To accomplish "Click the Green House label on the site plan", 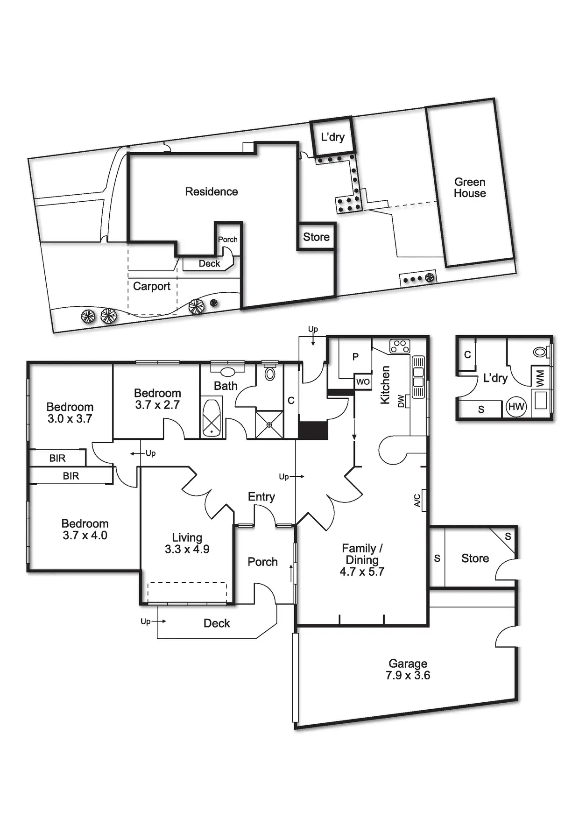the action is pyautogui.click(x=470, y=188).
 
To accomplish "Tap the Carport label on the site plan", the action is pyautogui.click(x=152, y=286).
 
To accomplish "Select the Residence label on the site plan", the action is pyautogui.click(x=211, y=191).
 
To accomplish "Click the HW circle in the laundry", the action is pyautogui.click(x=516, y=407).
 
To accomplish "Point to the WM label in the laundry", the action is pyautogui.click(x=540, y=378).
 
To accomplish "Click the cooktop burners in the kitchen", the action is pyautogui.click(x=400, y=346).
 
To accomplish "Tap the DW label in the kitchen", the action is pyautogui.click(x=401, y=401).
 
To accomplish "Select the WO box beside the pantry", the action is pyautogui.click(x=363, y=381).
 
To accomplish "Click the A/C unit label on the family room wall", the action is pyautogui.click(x=417, y=500).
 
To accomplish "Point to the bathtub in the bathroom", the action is pyautogui.click(x=212, y=418).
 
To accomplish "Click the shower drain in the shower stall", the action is pyautogui.click(x=269, y=425).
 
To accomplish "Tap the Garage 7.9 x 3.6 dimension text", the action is pyautogui.click(x=408, y=675).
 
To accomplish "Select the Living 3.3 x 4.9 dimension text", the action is pyautogui.click(x=187, y=549).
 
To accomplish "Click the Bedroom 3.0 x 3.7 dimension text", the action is pyautogui.click(x=70, y=418).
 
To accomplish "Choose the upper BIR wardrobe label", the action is pyautogui.click(x=57, y=458).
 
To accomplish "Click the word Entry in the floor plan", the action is pyautogui.click(x=261, y=496).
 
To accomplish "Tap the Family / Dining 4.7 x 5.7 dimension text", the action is pyautogui.click(x=362, y=572).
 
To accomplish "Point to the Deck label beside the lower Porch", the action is pyautogui.click(x=217, y=623).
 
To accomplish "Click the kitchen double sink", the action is pyautogui.click(x=418, y=377).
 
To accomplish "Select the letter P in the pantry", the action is pyautogui.click(x=355, y=357).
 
